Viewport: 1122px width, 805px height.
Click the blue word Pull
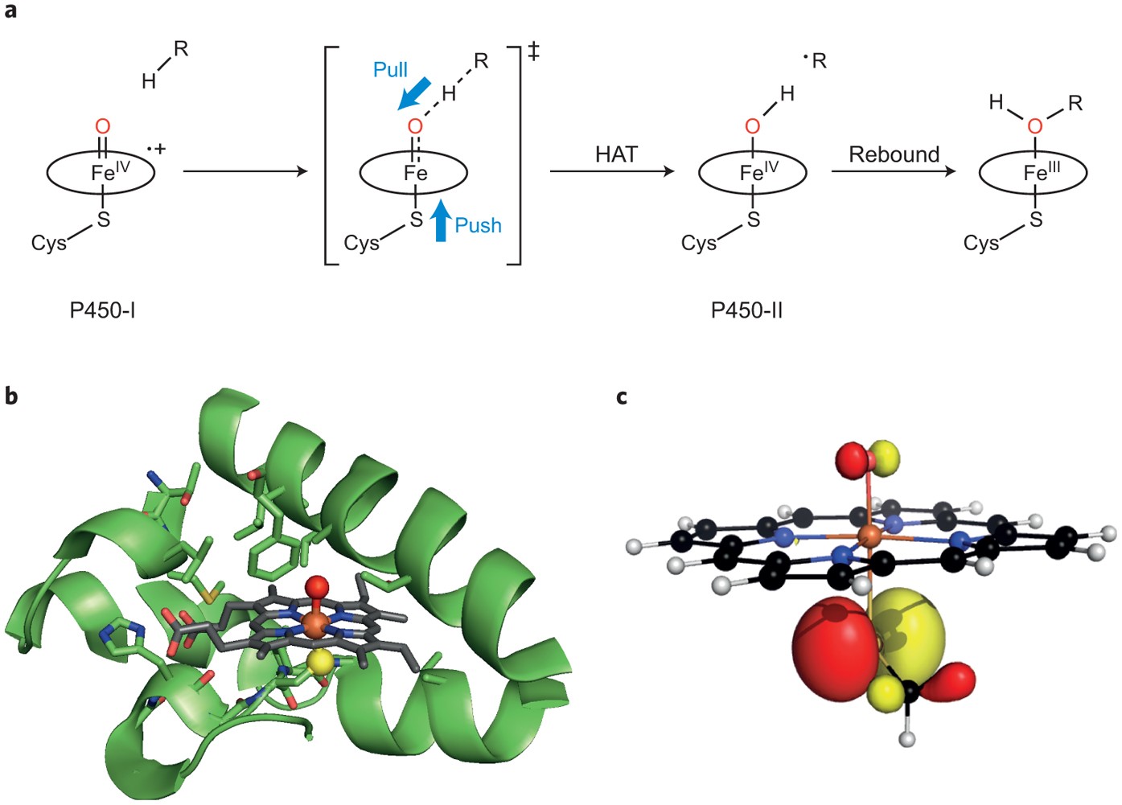[x=390, y=70]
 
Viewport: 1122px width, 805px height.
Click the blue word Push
[x=478, y=225]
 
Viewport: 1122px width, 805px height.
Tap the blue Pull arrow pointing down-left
[x=414, y=95]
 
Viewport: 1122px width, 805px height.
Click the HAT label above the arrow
[x=616, y=154]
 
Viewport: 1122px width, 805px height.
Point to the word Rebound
[x=894, y=154]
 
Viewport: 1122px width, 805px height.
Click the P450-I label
[x=102, y=310]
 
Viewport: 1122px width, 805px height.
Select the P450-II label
[x=746, y=310]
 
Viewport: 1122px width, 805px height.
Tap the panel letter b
[x=11, y=396]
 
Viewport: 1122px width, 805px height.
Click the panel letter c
[x=622, y=396]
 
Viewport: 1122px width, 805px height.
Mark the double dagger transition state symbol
[x=533, y=52]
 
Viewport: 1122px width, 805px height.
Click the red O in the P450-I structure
[x=102, y=126]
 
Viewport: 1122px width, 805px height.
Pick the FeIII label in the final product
[x=1041, y=171]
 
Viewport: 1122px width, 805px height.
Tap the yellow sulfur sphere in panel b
[x=320, y=662]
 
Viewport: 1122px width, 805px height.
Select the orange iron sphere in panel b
[x=315, y=624]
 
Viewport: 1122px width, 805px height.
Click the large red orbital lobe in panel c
[x=832, y=639]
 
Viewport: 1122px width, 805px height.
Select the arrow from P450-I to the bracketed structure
[x=245, y=171]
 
